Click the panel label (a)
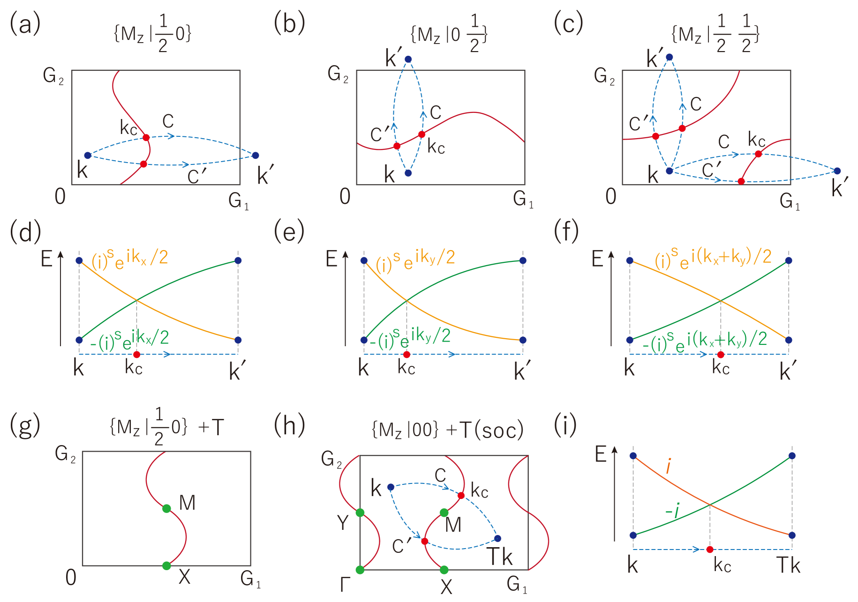(x=25, y=23)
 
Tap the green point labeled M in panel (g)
(x=166, y=508)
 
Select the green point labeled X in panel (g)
(x=166, y=566)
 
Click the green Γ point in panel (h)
(x=360, y=570)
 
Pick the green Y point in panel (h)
(x=360, y=513)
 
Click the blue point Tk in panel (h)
(x=497, y=538)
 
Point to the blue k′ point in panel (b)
(x=408, y=59)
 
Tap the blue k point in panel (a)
(x=88, y=155)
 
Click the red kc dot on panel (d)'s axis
(x=136, y=354)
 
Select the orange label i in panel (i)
(x=668, y=467)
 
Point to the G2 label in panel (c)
(x=604, y=76)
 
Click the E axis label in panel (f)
(x=597, y=259)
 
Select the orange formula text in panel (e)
(x=415, y=260)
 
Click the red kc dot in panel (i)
(x=709, y=549)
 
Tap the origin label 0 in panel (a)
(x=60, y=196)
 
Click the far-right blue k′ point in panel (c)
(x=837, y=171)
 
